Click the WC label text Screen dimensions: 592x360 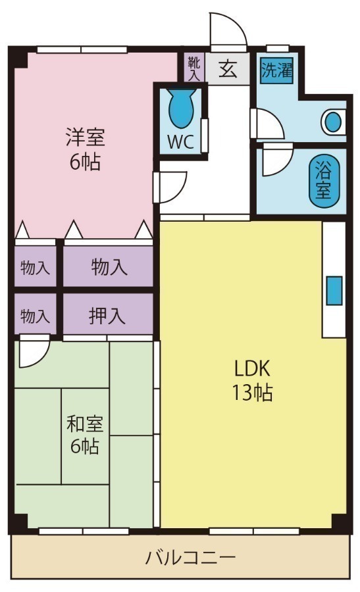pyautogui.click(x=180, y=143)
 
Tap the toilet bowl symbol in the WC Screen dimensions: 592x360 pyautogui.click(x=180, y=109)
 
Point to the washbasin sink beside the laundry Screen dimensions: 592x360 pyautogui.click(x=334, y=122)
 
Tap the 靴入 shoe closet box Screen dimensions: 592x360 pyautogui.click(x=193, y=68)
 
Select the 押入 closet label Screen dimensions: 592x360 pyautogui.click(x=108, y=316)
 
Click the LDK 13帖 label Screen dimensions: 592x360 pyautogui.click(x=251, y=380)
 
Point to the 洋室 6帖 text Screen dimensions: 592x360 pyautogui.click(x=86, y=150)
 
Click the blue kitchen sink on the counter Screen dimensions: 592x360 pyautogui.click(x=334, y=291)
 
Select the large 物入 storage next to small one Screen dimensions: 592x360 pyautogui.click(x=109, y=268)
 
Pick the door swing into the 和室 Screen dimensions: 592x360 pyautogui.click(x=33, y=353)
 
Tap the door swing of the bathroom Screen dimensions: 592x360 pyautogui.click(x=276, y=162)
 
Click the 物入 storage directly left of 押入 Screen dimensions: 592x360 pyautogui.click(x=36, y=316)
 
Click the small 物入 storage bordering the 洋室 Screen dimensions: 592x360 pyautogui.click(x=36, y=268)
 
